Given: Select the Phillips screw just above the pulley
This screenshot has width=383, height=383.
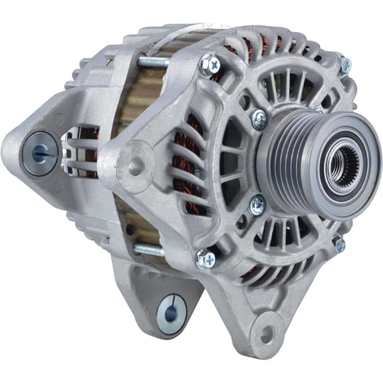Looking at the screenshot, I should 259,118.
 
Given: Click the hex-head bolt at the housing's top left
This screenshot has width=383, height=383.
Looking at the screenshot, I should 210,64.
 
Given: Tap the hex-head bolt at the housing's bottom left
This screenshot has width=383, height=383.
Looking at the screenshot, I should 205,259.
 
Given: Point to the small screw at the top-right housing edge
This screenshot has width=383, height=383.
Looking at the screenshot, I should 345,64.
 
